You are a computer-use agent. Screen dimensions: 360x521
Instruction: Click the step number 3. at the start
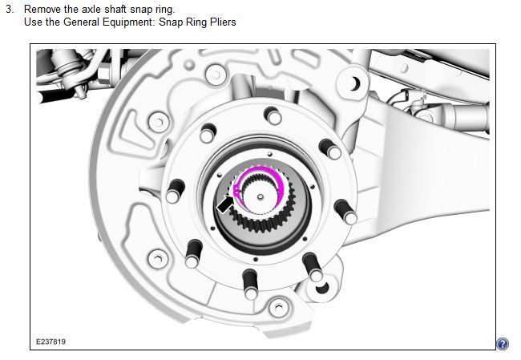click(x=10, y=9)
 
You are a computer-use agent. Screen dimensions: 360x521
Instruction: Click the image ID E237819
click(x=50, y=342)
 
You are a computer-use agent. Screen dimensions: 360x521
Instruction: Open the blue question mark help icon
click(x=503, y=344)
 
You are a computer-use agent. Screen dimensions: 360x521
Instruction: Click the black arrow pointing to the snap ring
click(x=228, y=203)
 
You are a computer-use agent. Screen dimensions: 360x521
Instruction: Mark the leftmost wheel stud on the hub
click(x=173, y=195)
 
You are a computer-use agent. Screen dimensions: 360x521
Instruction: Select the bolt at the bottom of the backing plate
click(x=277, y=305)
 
